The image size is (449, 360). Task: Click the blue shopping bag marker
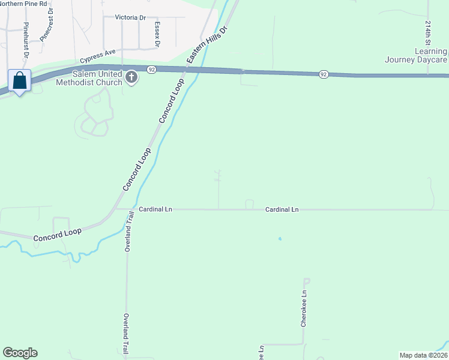20,80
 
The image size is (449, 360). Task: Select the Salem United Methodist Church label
89,77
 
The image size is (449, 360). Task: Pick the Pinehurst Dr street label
26,40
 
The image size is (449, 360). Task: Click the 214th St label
428,35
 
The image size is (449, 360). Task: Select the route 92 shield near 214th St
324,74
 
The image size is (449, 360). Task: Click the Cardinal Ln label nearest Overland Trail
155,209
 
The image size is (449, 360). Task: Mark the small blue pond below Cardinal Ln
280,239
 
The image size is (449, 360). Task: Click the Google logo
20,353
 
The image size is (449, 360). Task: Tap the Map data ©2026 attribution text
423,355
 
